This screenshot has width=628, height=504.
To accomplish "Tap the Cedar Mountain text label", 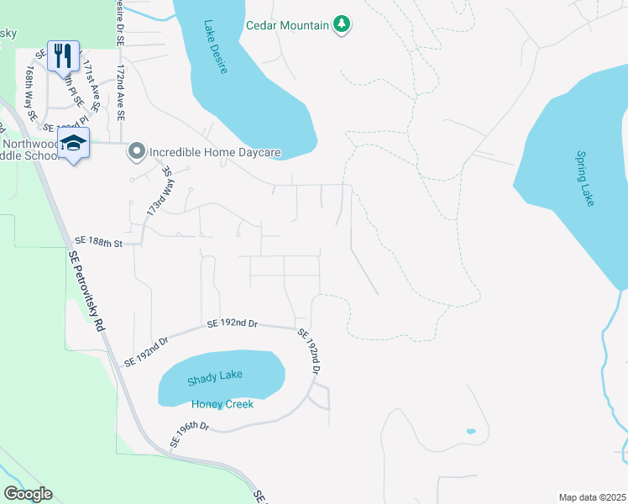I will click(x=286, y=25).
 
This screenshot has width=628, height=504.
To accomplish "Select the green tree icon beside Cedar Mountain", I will click(x=341, y=24).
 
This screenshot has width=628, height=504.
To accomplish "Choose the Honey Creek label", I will click(x=222, y=404).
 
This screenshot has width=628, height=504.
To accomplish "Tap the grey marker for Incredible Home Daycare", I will click(x=135, y=152).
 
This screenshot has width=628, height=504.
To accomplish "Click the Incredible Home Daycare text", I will click(x=214, y=153).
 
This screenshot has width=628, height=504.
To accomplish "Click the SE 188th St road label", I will click(x=98, y=243).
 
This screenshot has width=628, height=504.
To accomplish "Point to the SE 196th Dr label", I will click(x=189, y=433).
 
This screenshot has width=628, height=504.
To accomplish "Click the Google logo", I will click(x=28, y=494).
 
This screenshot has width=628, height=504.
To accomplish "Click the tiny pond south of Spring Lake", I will click(x=470, y=432).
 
